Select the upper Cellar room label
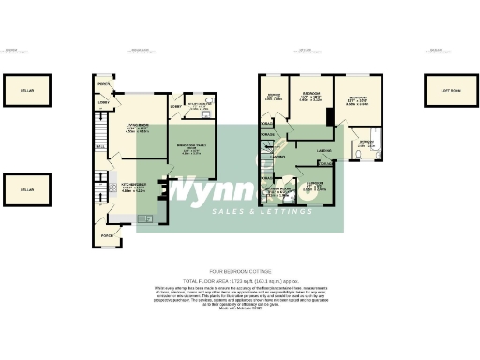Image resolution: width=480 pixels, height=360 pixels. (x=27, y=90)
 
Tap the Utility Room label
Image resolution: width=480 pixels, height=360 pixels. (x=202, y=105)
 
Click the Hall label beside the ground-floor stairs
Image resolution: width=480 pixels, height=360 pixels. (x=98, y=146)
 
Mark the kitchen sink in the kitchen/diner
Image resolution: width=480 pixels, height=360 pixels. (x=145, y=220)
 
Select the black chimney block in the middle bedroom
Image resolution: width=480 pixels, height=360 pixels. (x=329, y=116)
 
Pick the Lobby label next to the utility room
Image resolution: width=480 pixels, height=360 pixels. (x=175, y=106)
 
